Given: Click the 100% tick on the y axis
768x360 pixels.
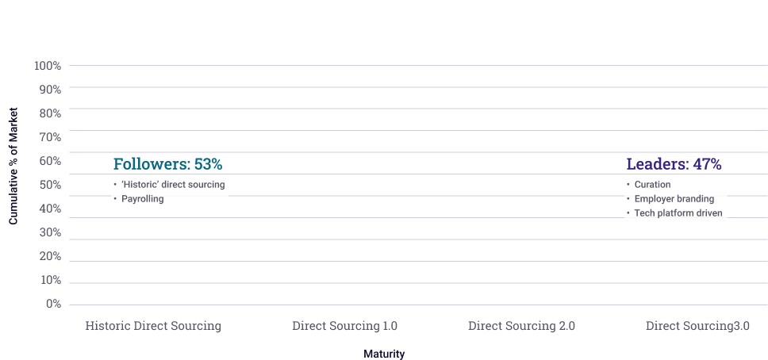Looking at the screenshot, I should [x=48, y=65].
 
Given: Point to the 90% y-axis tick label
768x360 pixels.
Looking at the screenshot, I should [x=49, y=90].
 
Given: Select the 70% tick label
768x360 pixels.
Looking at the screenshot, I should [x=49, y=137].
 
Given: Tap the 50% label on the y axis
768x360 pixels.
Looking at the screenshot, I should [x=49, y=185].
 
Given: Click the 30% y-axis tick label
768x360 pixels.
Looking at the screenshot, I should [x=49, y=232].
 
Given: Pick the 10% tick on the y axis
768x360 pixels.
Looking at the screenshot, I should [x=49, y=280].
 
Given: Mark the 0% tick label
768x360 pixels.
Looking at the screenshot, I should [x=52, y=304].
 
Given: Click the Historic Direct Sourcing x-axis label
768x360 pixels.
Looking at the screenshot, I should [x=153, y=326].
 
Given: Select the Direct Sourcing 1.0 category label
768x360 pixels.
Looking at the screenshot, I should [x=344, y=326].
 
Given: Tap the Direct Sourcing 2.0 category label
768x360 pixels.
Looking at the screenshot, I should [x=521, y=326].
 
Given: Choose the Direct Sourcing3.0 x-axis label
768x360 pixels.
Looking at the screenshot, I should [x=697, y=326].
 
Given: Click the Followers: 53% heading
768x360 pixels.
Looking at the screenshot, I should [x=167, y=164].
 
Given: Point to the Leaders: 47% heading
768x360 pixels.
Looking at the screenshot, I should [x=674, y=164].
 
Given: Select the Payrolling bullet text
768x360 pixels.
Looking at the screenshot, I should [x=143, y=199].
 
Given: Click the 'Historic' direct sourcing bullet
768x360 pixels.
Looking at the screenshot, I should [x=173, y=185].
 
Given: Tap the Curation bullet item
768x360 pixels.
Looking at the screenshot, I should [x=652, y=185].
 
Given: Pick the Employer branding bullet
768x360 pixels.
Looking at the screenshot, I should [x=674, y=199].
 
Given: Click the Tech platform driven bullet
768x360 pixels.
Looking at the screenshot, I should [x=678, y=213].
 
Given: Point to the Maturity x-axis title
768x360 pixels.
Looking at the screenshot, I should [x=384, y=354].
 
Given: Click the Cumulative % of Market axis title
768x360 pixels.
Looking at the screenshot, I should [x=13, y=164].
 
